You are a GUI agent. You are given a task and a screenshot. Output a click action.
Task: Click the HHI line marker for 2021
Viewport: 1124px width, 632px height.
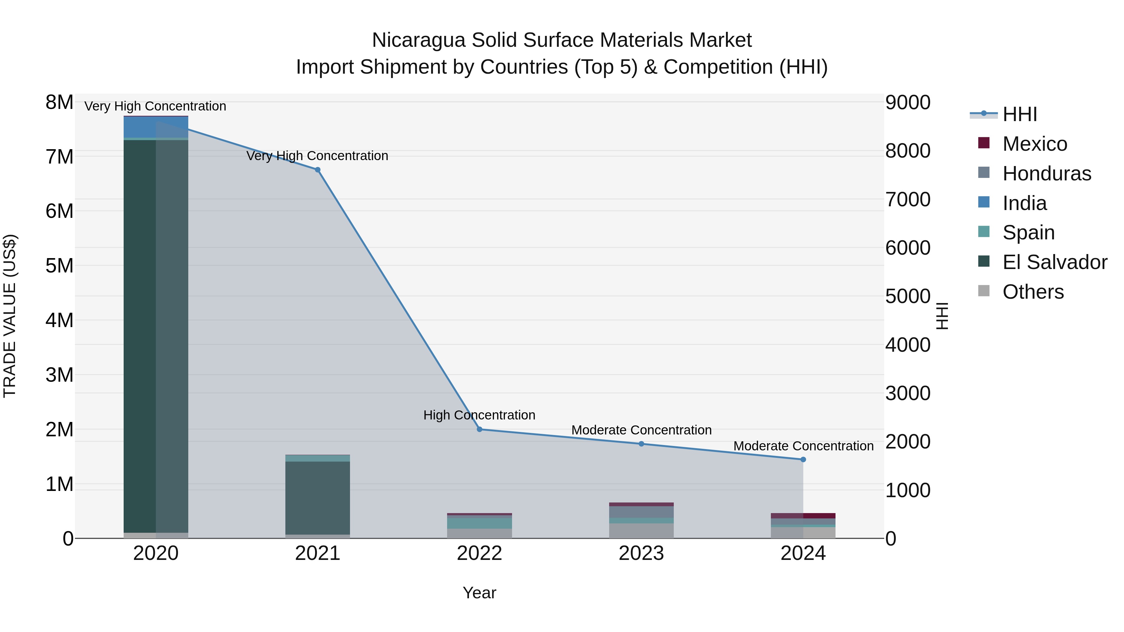point(318,170)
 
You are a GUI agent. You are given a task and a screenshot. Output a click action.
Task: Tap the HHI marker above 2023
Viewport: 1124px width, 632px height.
point(641,444)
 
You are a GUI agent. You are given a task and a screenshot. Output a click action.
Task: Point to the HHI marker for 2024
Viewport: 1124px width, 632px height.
point(803,459)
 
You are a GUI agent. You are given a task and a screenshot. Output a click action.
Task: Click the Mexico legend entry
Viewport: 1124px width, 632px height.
point(1035,144)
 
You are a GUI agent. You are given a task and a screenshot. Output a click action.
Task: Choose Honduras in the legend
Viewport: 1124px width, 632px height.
point(1047,174)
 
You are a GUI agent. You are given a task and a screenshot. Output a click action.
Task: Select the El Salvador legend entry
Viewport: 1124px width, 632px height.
point(1055,262)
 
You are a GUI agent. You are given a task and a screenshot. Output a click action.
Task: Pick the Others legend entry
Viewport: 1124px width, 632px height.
point(1033,292)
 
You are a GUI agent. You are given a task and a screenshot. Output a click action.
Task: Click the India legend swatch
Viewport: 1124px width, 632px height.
point(984,202)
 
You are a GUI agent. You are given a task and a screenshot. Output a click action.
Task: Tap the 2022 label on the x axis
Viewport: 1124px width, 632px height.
point(480,553)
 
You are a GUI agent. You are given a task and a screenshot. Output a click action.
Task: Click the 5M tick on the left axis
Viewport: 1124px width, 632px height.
point(60,266)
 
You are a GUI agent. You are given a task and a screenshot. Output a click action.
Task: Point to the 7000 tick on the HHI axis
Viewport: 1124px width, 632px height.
point(908,200)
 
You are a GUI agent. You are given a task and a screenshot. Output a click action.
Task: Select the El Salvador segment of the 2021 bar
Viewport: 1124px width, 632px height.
point(318,497)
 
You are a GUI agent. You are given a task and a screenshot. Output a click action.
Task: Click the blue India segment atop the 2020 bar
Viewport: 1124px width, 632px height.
point(156,127)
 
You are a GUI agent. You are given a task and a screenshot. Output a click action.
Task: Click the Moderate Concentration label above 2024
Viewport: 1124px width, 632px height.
point(803,446)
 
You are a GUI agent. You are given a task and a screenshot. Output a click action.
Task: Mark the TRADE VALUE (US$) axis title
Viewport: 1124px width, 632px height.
point(10,316)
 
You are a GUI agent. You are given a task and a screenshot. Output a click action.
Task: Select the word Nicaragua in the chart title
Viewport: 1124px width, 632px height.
point(418,40)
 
